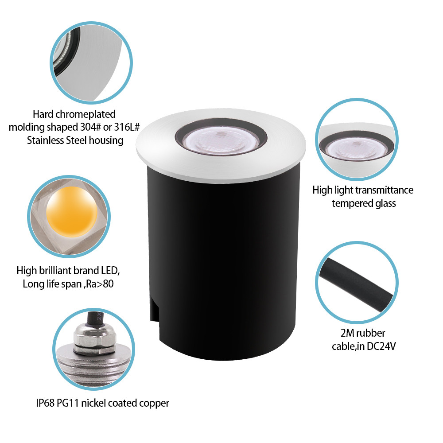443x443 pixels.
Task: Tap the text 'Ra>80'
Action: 101,284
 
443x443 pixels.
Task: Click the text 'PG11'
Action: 70,403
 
